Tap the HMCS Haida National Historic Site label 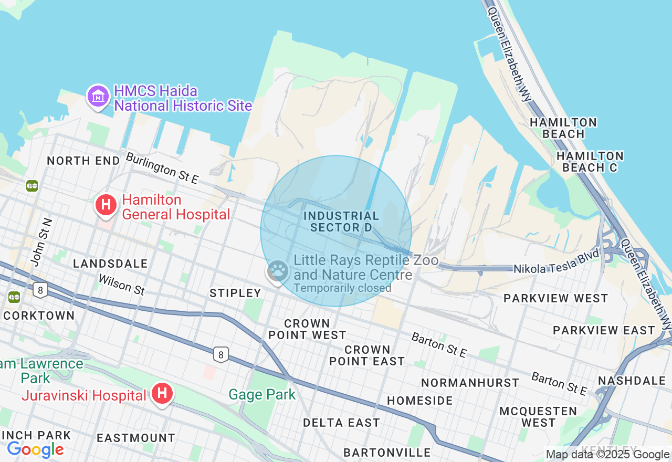point(183,98)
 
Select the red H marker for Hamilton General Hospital point(106,205)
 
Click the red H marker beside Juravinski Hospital point(162,393)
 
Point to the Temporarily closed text point(342,288)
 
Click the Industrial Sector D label point(341,222)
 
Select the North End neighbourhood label point(83,161)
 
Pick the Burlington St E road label point(162,168)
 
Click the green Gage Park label point(262,394)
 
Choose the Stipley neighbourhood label point(235,293)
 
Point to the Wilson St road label point(121,285)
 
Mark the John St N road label point(41,242)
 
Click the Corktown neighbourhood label point(39,316)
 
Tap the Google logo point(35,449)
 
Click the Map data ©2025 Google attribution point(607,455)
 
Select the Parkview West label point(555,298)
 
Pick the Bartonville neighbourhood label point(387,453)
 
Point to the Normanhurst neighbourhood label point(470,383)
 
